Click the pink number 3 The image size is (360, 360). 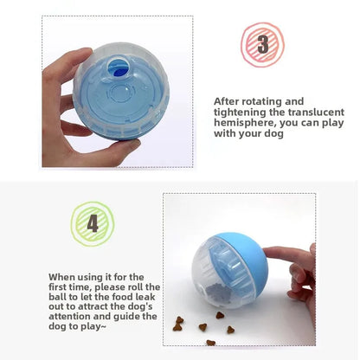[x=262, y=43]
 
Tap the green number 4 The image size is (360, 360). [x=92, y=223]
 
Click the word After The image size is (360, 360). [x=228, y=101]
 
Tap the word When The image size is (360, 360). [x=64, y=275]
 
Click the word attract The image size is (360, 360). [x=87, y=306]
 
